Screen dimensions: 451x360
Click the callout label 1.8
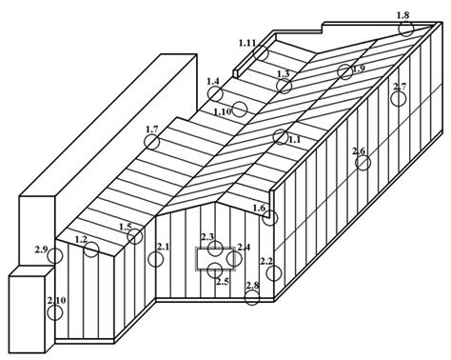tap(402, 15)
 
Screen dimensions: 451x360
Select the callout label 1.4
tap(213, 81)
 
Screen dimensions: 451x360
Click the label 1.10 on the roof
tap(223, 112)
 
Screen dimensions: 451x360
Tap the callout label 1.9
tap(359, 69)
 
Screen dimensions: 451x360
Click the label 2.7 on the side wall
tap(400, 87)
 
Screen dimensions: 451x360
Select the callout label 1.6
tap(259, 209)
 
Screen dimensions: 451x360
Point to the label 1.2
tap(81, 239)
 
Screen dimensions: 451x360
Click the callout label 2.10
tap(57, 300)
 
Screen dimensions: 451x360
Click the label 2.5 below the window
tap(223, 282)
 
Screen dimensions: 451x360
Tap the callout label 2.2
tap(266, 262)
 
